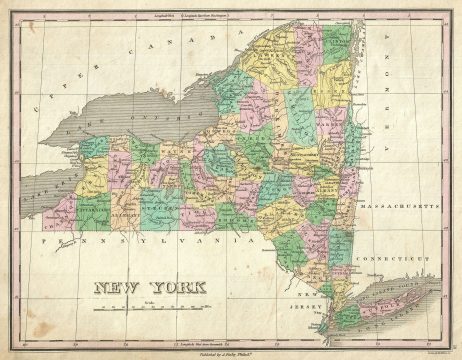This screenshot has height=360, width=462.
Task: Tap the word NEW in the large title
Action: (x=117, y=288)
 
